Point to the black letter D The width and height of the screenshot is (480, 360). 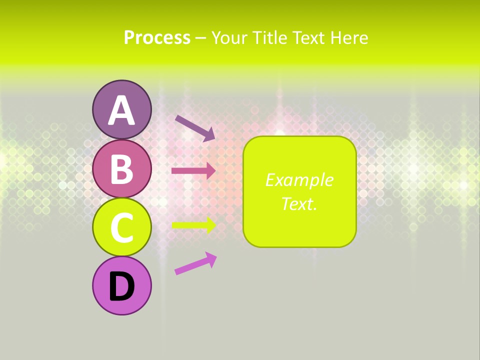(121, 287)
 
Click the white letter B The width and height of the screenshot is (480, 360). (121, 169)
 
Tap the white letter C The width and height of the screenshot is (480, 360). (121, 227)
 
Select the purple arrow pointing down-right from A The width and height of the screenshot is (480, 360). (193, 127)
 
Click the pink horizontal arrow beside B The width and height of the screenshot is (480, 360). (193, 171)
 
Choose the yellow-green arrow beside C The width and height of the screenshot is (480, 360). (193, 225)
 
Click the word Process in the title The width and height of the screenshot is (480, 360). (157, 38)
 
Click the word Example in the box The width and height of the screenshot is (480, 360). (299, 180)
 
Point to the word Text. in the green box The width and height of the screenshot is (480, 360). (299, 204)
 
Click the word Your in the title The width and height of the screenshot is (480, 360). (229, 38)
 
